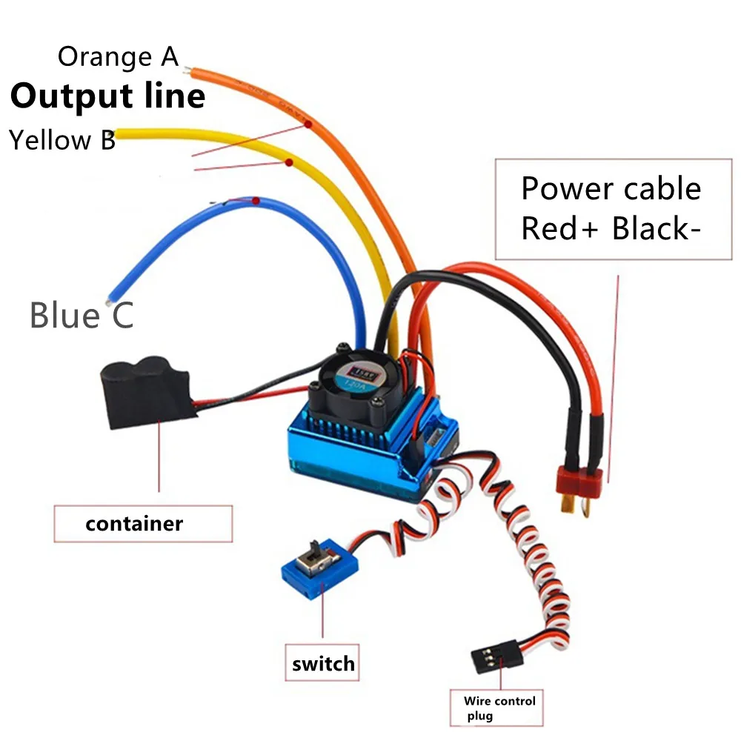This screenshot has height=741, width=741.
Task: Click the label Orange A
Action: click(118, 56)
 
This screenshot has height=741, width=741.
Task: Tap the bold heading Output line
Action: click(108, 96)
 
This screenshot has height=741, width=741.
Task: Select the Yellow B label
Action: click(62, 140)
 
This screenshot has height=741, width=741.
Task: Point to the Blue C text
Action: click(82, 315)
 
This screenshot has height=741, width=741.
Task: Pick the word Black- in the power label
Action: click(656, 229)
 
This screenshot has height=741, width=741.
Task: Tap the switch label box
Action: click(323, 663)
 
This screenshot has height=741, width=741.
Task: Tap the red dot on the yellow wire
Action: click(289, 162)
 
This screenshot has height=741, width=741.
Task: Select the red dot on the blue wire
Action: click(255, 201)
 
